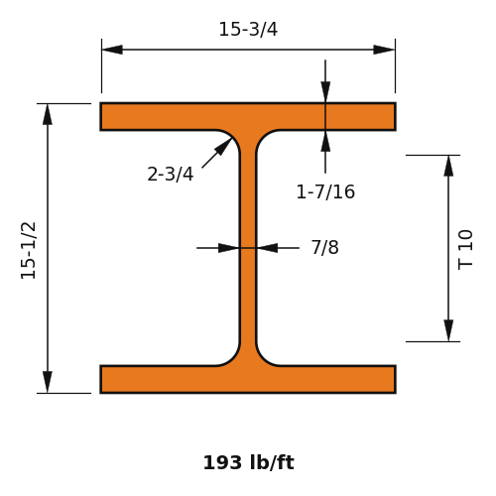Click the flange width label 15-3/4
pos(248,29)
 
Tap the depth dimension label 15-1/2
pos(29,251)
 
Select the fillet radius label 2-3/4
pos(171,175)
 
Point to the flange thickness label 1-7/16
pos(325,192)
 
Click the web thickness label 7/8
pos(325,247)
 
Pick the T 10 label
pos(465,250)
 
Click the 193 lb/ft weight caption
pos(248,462)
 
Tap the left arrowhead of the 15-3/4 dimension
pos(112,50)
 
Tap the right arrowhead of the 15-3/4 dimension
pos(384,50)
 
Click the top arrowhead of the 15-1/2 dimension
pos(48,114)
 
